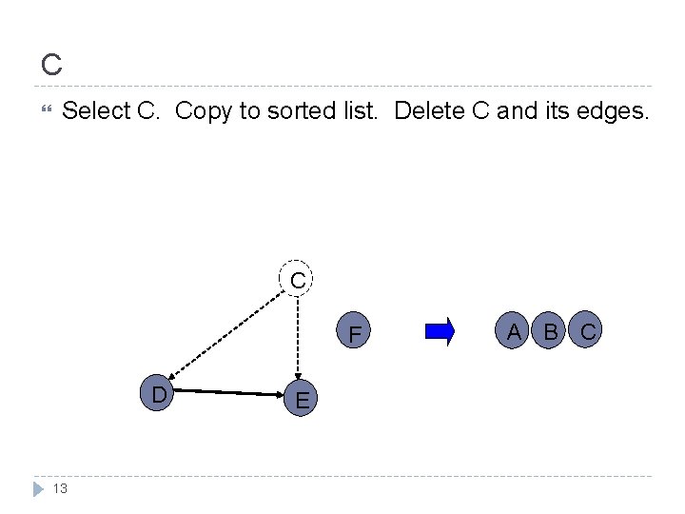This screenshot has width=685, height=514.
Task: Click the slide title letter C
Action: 51,65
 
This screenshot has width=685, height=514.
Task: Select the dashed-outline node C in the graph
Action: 298,279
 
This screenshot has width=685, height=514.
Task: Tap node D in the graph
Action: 157,393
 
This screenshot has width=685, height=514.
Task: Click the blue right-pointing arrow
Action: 440,331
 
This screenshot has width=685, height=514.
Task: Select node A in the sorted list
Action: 515,331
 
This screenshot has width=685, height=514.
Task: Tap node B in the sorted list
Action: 550,331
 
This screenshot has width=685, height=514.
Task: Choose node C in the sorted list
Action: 588,331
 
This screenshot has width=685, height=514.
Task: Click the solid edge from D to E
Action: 229,392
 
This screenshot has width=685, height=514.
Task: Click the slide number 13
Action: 60,488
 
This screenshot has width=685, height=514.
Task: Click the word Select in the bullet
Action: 96,111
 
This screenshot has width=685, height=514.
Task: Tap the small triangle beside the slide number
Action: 38,488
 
